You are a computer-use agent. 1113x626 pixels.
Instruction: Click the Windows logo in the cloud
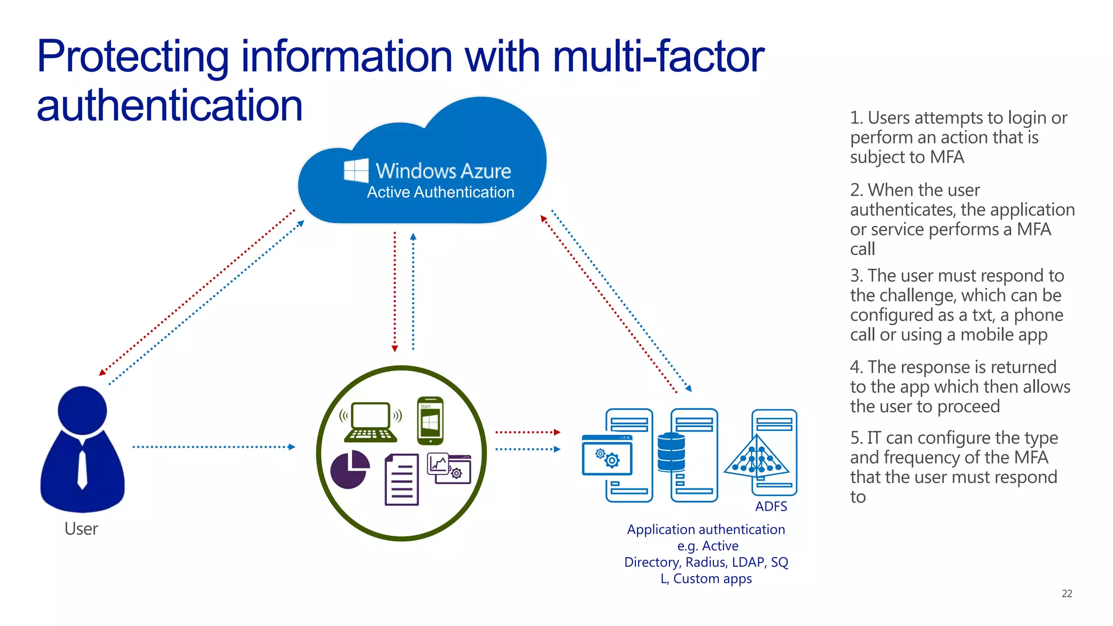coord(357,171)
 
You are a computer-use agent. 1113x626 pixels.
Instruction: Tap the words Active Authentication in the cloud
coord(440,192)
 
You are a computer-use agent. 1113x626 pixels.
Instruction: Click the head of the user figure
coord(82,410)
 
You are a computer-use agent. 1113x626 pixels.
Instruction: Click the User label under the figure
coord(81,529)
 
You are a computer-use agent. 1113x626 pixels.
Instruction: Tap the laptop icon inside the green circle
coord(371,422)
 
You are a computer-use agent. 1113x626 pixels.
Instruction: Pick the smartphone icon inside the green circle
coord(430,421)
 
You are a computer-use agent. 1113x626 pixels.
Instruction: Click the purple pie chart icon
coord(349,469)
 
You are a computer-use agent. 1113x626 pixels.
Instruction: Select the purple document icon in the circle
coord(402,480)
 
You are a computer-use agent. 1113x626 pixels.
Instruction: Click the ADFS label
coord(771,506)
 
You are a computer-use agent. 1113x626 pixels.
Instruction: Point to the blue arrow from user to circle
coord(214,447)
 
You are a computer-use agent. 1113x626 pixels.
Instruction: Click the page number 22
coord(1067,594)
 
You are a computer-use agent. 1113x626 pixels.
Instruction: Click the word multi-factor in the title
coord(658,57)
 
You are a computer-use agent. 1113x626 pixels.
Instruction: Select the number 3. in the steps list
coord(856,276)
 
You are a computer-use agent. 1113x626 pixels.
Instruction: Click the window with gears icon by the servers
coord(607,455)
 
